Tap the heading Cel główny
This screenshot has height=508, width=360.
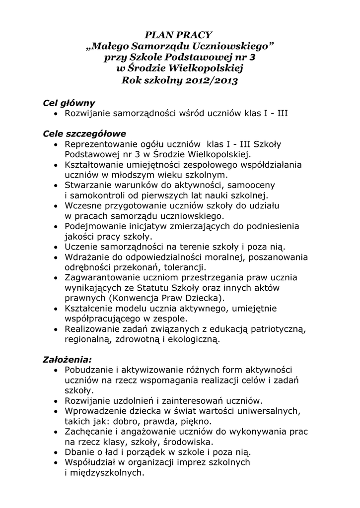click(x=69, y=103)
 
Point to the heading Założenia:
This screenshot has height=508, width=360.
click(x=68, y=359)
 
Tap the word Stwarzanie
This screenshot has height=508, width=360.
click(x=87, y=185)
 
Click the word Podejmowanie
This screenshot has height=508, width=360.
click(x=94, y=226)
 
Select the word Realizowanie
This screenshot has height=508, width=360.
click(x=93, y=329)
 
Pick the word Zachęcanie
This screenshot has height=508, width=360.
click(x=89, y=431)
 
